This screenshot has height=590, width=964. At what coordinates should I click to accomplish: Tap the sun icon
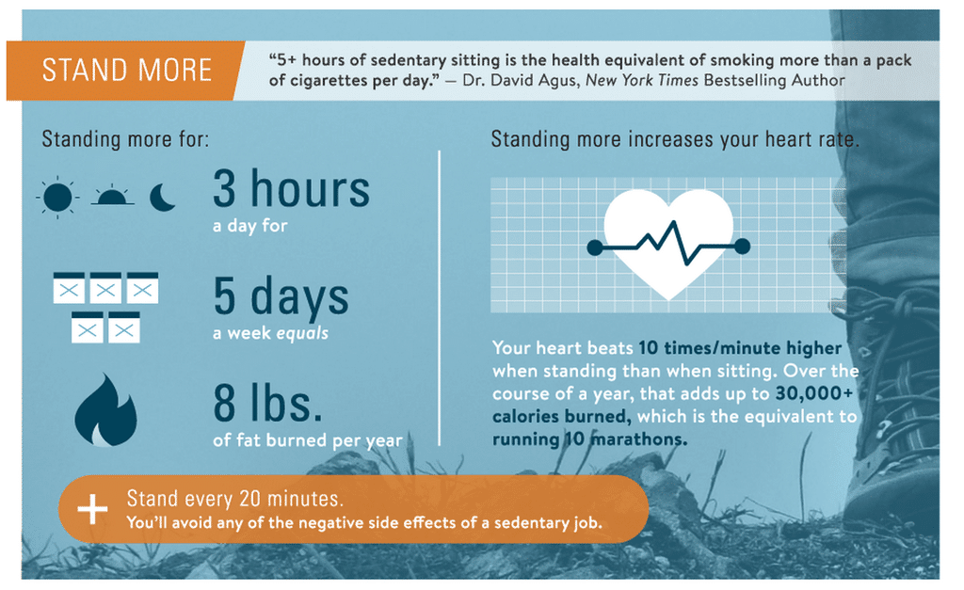click(x=57, y=198)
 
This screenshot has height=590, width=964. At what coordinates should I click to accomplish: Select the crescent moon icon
click(x=162, y=198)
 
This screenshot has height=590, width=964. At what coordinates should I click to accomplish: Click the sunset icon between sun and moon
click(x=113, y=196)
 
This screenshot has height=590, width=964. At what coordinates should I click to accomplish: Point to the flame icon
click(x=105, y=410)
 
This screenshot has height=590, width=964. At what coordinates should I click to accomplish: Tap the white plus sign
click(x=92, y=509)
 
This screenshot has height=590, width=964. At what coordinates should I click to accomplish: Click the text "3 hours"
click(x=292, y=189)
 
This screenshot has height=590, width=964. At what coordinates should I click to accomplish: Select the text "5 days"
click(x=281, y=296)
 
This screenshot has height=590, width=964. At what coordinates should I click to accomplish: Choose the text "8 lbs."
click(x=268, y=403)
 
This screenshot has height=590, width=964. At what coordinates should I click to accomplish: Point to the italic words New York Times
click(x=642, y=81)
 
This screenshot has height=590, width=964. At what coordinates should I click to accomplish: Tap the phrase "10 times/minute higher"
click(x=740, y=348)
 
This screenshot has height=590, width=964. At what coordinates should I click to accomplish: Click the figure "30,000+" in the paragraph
click(x=814, y=393)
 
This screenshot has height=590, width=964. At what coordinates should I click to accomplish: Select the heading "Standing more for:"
click(x=125, y=139)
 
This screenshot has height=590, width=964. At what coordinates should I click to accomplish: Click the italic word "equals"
click(x=302, y=334)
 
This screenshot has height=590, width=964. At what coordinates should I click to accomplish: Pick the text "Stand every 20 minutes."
click(x=234, y=499)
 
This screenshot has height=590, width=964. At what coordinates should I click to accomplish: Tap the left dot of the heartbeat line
click(x=595, y=247)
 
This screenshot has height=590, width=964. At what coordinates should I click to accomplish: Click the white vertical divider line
click(x=439, y=298)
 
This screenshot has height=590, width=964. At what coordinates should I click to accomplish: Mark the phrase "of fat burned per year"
click(x=308, y=440)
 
